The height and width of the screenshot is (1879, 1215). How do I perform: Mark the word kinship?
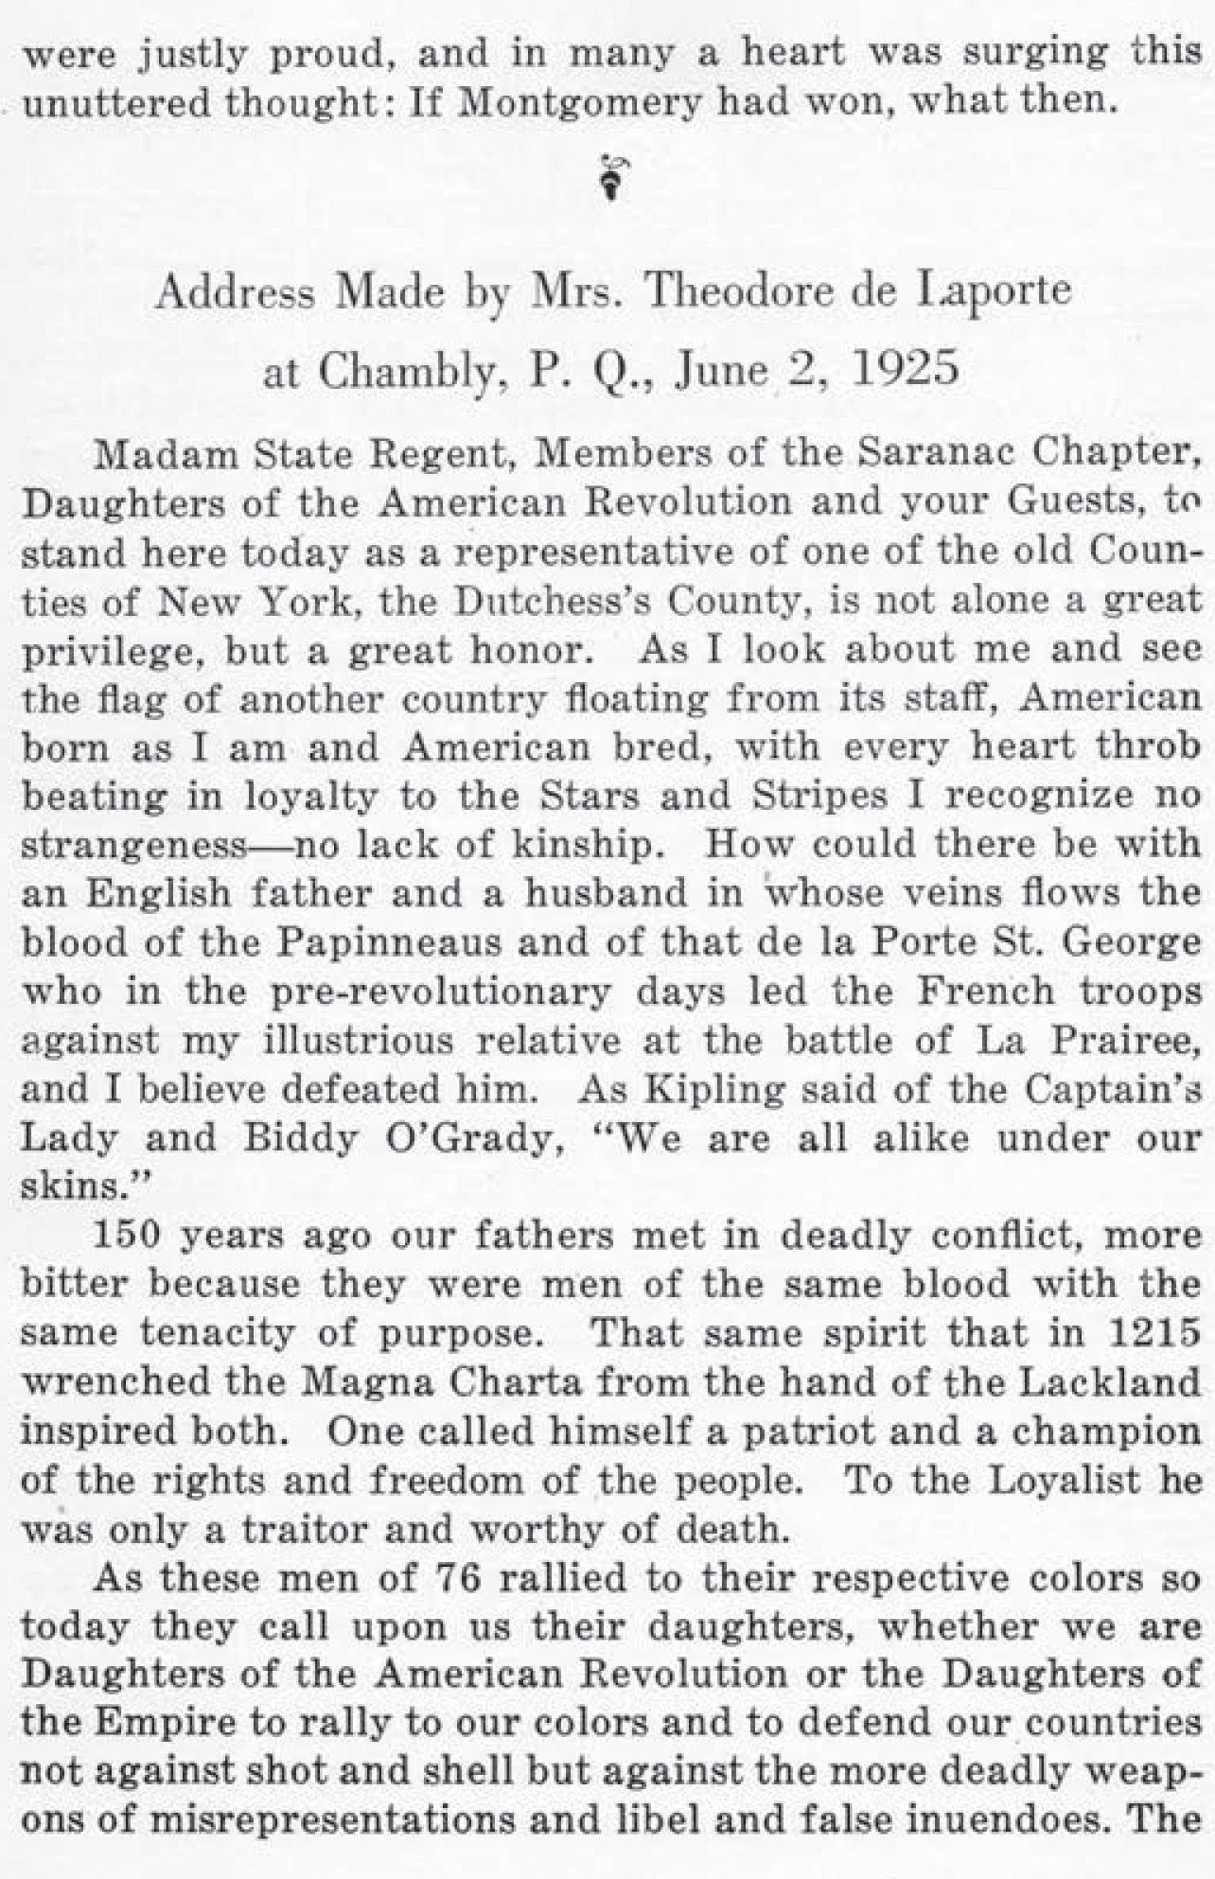[x=581, y=844]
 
